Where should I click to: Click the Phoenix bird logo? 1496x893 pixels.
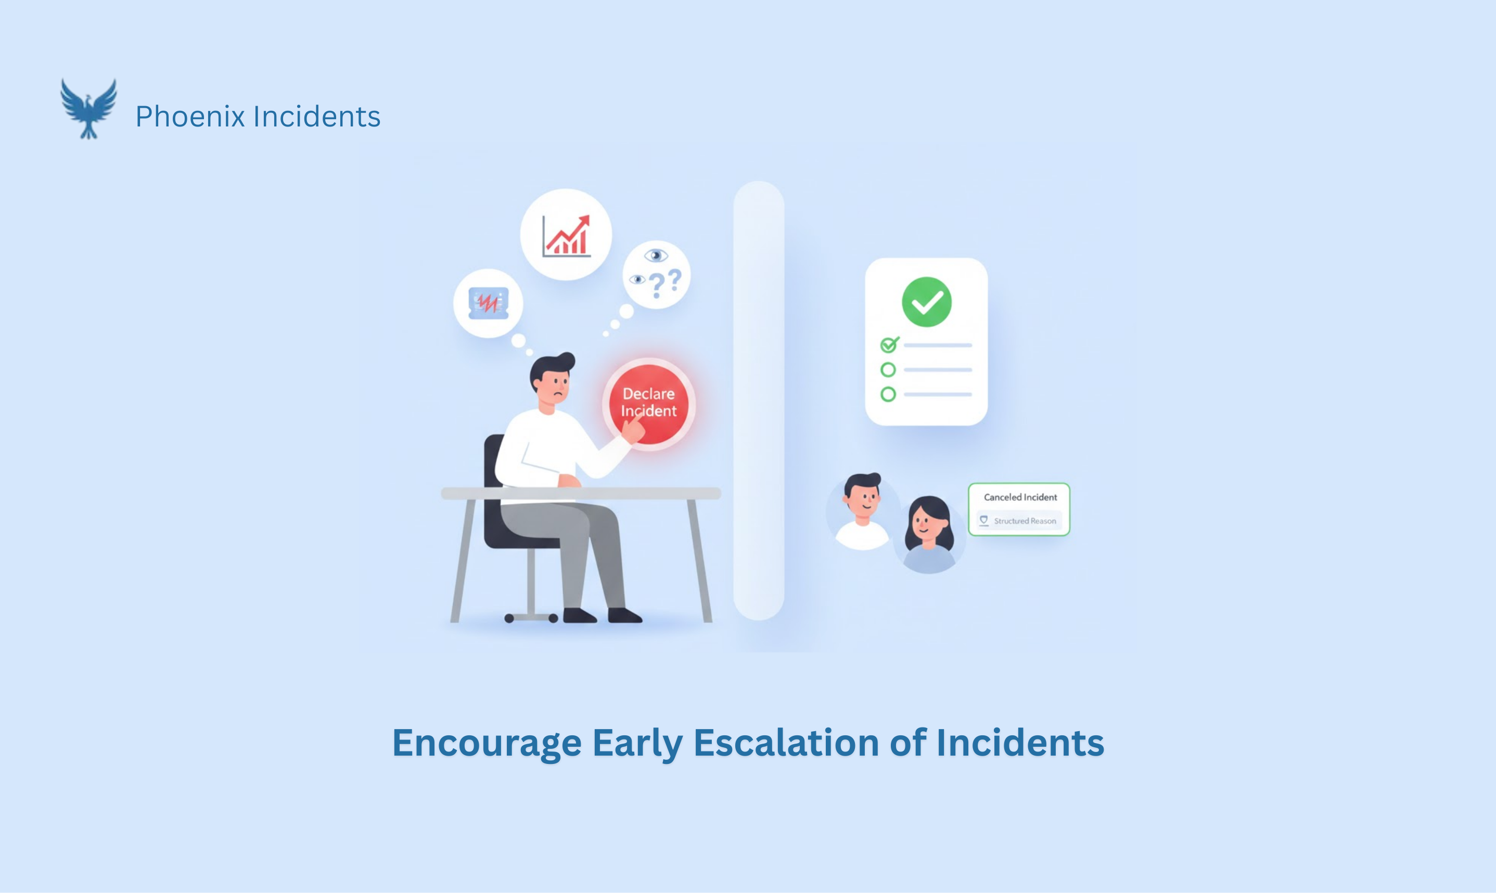point(88,109)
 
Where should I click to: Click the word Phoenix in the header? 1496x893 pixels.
point(189,116)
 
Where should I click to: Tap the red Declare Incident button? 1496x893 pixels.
point(648,403)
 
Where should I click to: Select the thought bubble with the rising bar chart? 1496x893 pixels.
point(566,235)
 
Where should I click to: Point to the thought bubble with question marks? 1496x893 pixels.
point(656,274)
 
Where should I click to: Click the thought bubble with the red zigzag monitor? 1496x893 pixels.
point(488,303)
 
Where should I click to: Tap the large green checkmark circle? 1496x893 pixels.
point(926,302)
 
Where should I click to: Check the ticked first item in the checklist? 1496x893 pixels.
point(888,345)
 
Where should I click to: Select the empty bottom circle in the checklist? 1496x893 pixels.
point(888,394)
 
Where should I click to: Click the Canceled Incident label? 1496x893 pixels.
point(1020,497)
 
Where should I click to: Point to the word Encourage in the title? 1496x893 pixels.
point(487,743)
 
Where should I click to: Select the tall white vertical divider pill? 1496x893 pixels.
point(759,400)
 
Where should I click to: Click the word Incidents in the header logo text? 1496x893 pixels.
point(317,116)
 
